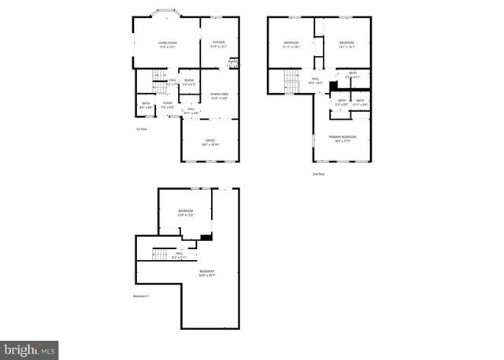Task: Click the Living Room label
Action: click(167, 44)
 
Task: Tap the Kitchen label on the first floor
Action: click(218, 44)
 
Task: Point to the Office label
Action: click(210, 143)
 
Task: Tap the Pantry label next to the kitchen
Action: click(234, 63)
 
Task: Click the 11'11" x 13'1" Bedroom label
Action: click(291, 44)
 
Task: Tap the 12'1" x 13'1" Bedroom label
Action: click(347, 44)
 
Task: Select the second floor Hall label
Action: click(314, 80)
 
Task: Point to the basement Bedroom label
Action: click(185, 213)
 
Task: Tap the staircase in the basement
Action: click(161, 253)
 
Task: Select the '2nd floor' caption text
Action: click(319, 174)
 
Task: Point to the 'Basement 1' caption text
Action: click(142, 296)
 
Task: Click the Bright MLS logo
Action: click(29, 347)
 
